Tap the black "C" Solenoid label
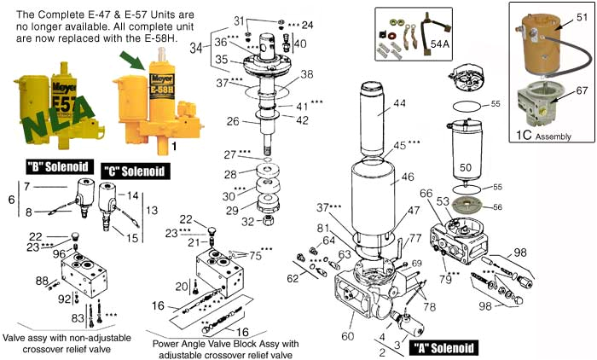coord(133,171)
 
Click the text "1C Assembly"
coord(547,134)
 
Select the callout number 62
coord(293,278)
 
